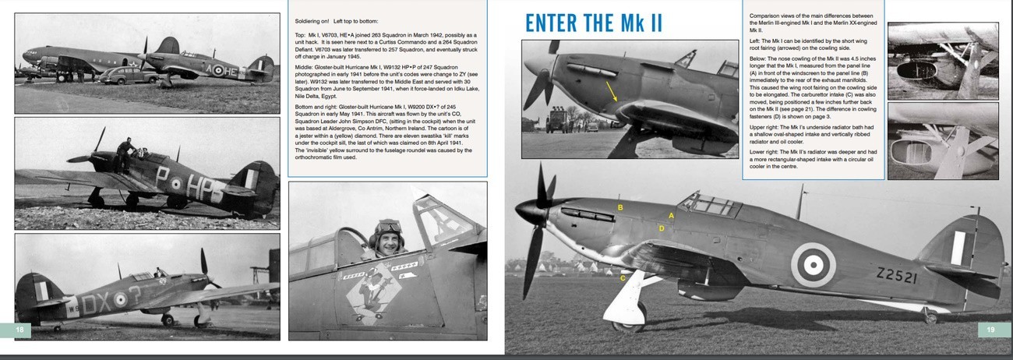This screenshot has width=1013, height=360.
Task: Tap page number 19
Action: pos(990,330)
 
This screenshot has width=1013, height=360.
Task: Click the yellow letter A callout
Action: pos(671,215)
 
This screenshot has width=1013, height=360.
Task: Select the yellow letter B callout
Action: pos(620,207)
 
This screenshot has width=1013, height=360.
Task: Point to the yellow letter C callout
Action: pos(622,278)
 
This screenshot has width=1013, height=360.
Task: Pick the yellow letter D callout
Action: pos(662,228)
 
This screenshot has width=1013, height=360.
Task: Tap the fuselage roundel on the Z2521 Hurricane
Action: pos(813,265)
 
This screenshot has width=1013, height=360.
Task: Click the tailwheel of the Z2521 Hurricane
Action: pos(930,317)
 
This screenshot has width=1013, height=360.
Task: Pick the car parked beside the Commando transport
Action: pos(126,76)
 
